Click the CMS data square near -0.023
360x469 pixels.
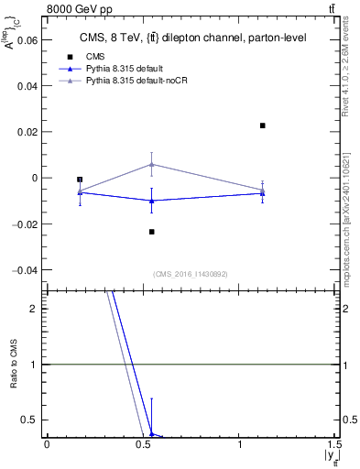(x=152, y=232)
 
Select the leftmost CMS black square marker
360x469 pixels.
(x=80, y=180)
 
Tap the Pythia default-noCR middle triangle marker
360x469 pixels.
(x=152, y=164)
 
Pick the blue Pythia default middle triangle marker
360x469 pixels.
(x=152, y=201)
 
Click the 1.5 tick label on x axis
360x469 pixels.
(x=336, y=445)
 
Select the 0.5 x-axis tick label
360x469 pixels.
(x=143, y=445)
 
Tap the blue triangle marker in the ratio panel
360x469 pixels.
(x=152, y=434)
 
